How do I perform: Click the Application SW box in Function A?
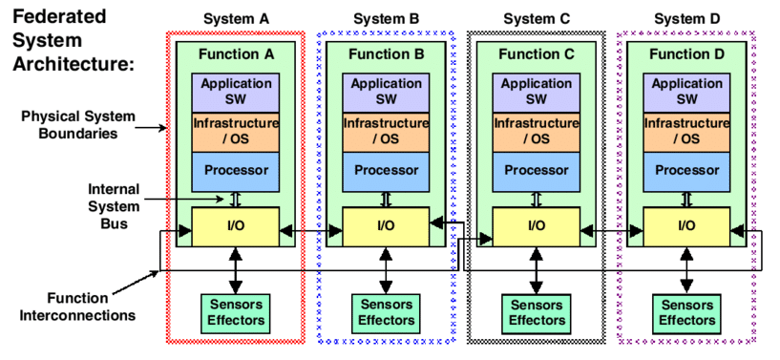(235, 93)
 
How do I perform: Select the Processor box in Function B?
(386, 171)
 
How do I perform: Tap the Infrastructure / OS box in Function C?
(536, 132)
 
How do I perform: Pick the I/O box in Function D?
(685, 226)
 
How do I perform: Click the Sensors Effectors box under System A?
(235, 312)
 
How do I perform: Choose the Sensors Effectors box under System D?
(685, 312)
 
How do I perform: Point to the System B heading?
(386, 18)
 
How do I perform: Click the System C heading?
(536, 18)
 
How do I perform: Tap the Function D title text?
(685, 54)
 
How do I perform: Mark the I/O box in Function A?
(235, 226)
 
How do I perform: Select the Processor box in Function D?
(685, 171)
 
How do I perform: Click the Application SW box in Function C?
(536, 93)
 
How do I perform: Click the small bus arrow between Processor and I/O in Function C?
(536, 199)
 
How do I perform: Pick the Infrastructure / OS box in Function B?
(386, 132)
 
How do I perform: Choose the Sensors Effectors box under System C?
(536, 312)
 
